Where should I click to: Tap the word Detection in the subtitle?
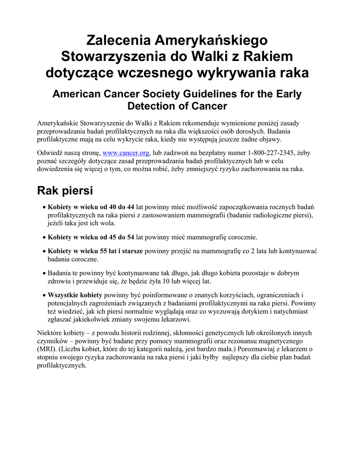click(x=155, y=106)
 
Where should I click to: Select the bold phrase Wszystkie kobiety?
click(x=75, y=295)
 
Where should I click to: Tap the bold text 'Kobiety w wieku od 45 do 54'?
click(x=91, y=237)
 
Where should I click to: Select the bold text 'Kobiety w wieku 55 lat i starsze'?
click(x=95, y=251)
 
